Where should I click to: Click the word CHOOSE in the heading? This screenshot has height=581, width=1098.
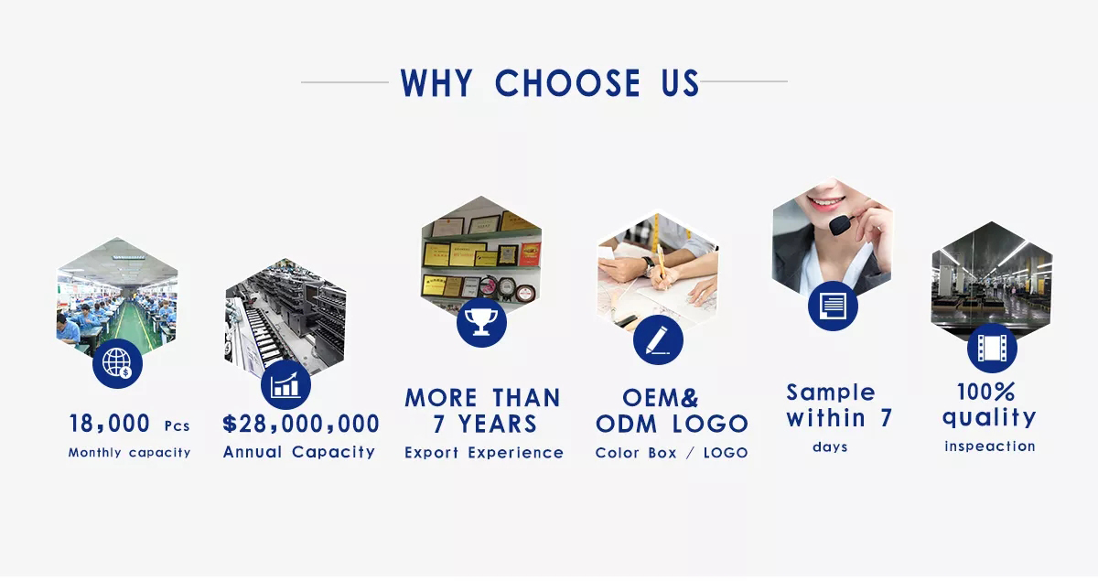(567, 83)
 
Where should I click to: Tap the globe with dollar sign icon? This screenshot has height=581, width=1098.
(118, 364)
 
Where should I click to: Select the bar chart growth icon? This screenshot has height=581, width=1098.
(285, 385)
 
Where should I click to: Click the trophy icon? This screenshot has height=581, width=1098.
(481, 323)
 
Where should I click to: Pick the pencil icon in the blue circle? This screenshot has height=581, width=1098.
(658, 339)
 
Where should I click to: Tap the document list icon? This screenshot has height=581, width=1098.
(833, 306)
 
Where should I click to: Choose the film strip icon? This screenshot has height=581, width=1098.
(992, 348)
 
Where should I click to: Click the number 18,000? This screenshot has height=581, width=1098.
(109, 424)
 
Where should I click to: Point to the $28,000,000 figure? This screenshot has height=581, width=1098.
(301, 424)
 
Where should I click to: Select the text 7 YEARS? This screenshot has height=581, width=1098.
(485, 424)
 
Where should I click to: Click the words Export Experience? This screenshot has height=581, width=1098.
(484, 453)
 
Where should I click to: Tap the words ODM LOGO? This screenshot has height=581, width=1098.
(672, 424)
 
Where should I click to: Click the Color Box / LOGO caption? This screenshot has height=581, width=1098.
(672, 453)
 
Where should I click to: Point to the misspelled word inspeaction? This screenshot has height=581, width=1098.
(990, 447)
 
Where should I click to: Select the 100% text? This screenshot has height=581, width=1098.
(986, 392)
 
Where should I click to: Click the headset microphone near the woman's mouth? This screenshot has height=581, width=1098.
(840, 224)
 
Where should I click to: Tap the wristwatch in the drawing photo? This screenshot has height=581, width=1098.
(649, 265)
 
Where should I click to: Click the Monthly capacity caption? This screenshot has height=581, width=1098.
(129, 453)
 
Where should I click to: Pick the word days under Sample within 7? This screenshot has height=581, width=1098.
(830, 447)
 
